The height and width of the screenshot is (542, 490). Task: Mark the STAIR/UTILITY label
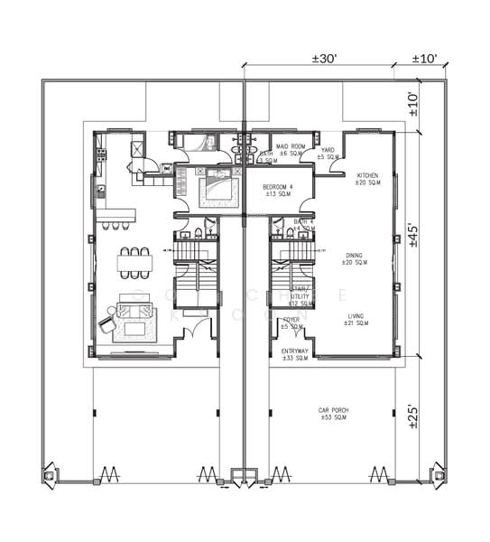pos(299,293)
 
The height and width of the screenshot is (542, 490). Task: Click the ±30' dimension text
pos(325,58)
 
